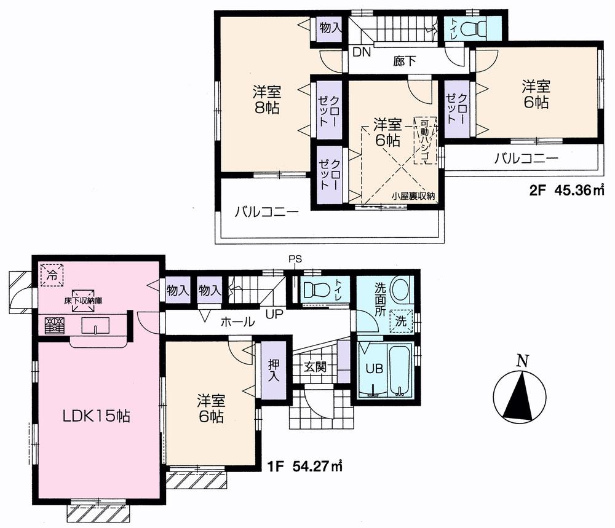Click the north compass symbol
(x=521, y=394)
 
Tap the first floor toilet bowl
(x=317, y=289)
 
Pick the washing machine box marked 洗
(x=401, y=320)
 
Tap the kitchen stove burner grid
(x=52, y=325)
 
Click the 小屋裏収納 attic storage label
(x=414, y=196)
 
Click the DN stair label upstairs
(x=362, y=52)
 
